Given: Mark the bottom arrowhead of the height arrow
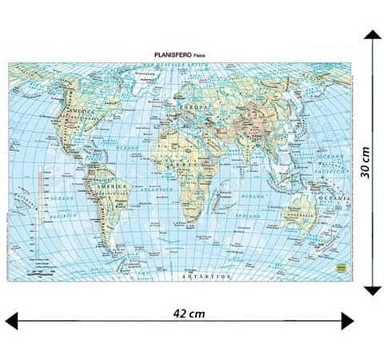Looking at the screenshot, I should (370, 289).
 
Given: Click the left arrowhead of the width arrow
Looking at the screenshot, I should (13, 322).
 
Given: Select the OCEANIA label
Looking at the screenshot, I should (335, 197).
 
